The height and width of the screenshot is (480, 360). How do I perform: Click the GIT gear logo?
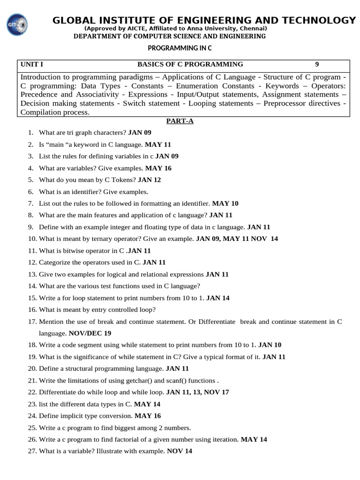pyautogui.click(x=18, y=24)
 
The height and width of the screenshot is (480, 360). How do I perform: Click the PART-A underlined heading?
pyautogui.click(x=180, y=121)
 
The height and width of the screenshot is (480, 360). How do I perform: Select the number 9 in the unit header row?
pyautogui.click(x=317, y=64)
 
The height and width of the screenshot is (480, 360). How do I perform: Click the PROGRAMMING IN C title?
pyautogui.click(x=180, y=48)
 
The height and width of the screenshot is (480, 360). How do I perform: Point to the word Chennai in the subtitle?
pyautogui.click(x=252, y=29)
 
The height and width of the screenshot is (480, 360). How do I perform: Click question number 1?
pyautogui.click(x=30, y=133)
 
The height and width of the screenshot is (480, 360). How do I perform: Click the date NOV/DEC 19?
pyautogui.click(x=90, y=333)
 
